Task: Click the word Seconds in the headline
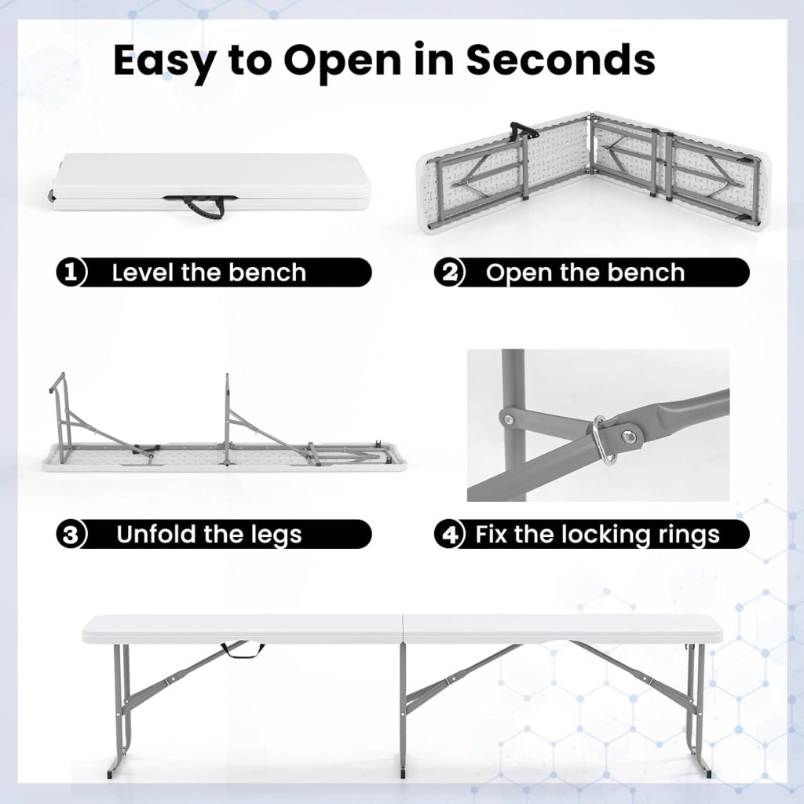(x=561, y=60)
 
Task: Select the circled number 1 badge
(x=71, y=272)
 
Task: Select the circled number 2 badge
(x=448, y=272)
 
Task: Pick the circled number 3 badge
(x=71, y=534)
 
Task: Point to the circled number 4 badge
(x=448, y=534)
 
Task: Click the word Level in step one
(x=144, y=272)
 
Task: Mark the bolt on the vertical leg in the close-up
(x=509, y=420)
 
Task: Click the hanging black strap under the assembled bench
(x=243, y=650)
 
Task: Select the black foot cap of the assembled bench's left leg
(x=112, y=773)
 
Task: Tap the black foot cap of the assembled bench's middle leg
(x=403, y=771)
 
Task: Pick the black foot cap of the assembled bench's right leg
(x=708, y=773)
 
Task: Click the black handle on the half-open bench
(x=523, y=131)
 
